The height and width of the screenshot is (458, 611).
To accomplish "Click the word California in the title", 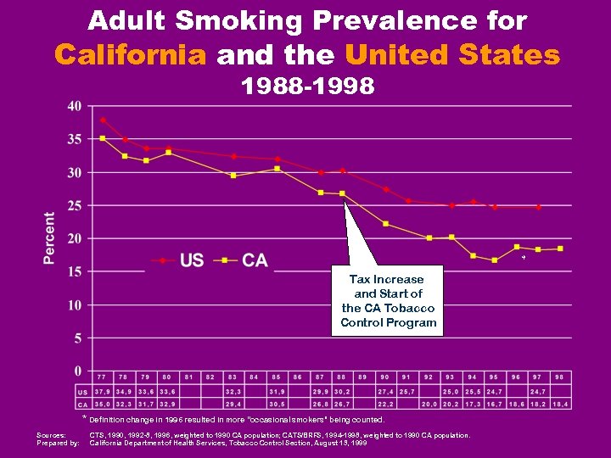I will pyautogui.click(x=131, y=56).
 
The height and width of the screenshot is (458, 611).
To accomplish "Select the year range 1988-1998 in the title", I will pyautogui.click(x=306, y=87).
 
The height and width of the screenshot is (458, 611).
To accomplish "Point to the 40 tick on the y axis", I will pyautogui.click(x=75, y=106).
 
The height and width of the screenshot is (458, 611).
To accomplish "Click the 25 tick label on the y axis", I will pyautogui.click(x=75, y=205).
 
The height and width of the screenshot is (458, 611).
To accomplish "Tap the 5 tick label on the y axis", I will pyautogui.click(x=78, y=338).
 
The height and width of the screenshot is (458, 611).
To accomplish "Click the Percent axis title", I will pyautogui.click(x=50, y=238).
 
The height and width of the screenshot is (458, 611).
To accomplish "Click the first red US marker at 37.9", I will pyautogui.click(x=103, y=120).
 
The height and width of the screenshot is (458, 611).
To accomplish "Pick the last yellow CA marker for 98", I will pyautogui.click(x=559, y=249).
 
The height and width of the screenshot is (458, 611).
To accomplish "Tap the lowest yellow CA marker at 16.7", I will pyautogui.click(x=495, y=260).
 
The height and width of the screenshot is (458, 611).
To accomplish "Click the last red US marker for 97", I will pyautogui.click(x=538, y=207).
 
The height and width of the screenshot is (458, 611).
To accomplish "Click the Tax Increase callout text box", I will pyautogui.click(x=388, y=300).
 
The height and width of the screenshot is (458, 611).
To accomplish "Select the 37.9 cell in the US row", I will pyautogui.click(x=102, y=392).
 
